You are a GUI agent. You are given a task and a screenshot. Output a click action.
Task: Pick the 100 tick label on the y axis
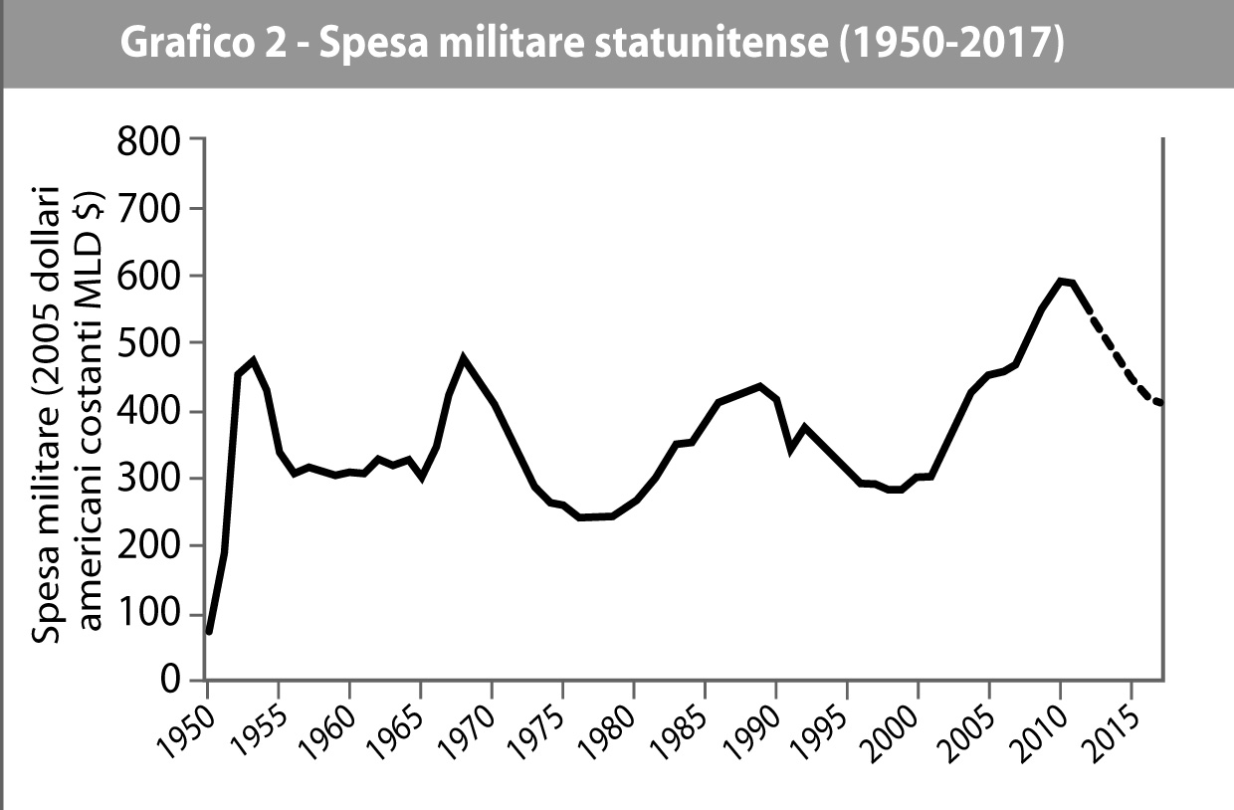(151, 614)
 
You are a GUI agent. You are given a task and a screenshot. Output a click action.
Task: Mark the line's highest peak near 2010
(1061, 281)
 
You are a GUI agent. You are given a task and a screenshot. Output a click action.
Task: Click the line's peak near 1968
(464, 356)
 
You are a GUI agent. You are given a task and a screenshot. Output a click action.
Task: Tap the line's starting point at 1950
(209, 632)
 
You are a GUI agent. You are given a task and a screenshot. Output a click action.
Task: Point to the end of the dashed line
(1159, 403)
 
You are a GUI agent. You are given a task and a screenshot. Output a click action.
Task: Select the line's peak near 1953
(253, 360)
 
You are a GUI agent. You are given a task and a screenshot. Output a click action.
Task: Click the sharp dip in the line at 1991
(791, 450)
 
